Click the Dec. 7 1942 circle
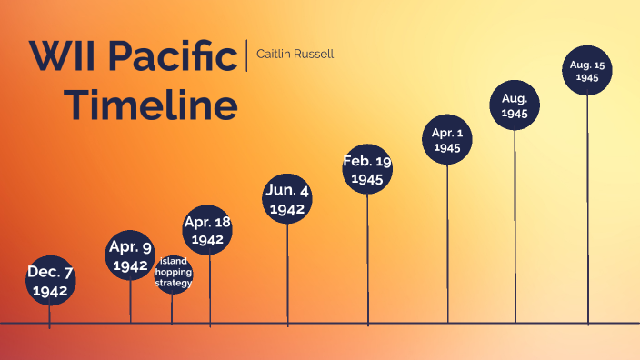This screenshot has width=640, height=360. tap(50, 281)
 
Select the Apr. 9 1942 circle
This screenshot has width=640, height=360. tap(130, 255)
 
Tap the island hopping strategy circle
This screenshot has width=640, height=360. tap(173, 273)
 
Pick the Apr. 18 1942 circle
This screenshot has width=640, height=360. tap(207, 230)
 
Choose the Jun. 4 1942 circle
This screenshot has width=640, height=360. tap(287, 198)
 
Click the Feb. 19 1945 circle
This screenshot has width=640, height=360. tap(367, 169)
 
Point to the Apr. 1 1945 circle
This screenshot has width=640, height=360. tap(447, 139)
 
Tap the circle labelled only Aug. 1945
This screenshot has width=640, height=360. tap(515, 105)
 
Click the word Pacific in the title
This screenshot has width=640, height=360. tap(173, 56)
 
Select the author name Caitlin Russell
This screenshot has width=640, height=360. tap(295, 54)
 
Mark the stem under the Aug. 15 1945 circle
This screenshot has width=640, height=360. tap(587, 209)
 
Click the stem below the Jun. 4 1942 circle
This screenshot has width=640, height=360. tap(287, 273)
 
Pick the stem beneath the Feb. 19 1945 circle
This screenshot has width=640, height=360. tap(367, 259)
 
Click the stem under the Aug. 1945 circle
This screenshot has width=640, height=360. tap(515, 227)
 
